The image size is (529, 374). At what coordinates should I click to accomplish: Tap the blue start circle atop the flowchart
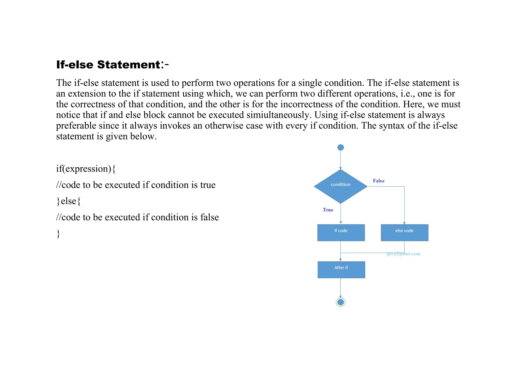[340, 147]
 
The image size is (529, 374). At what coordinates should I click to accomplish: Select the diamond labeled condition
[340, 186]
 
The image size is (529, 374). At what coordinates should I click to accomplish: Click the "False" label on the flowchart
[378, 181]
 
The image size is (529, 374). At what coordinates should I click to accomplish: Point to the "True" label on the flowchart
[328, 210]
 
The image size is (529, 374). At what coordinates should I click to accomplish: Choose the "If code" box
[341, 232]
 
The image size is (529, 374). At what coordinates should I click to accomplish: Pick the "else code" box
[404, 232]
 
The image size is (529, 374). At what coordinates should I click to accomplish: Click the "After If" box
[341, 269]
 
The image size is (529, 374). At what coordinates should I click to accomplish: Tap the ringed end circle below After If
[340, 302]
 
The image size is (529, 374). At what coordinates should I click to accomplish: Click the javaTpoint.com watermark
[403, 254]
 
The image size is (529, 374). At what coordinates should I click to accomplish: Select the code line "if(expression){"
[86, 169]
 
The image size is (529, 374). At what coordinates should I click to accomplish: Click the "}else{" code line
[68, 201]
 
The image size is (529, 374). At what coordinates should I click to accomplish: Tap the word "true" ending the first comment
[208, 185]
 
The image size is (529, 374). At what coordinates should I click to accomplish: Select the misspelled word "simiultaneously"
[278, 115]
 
